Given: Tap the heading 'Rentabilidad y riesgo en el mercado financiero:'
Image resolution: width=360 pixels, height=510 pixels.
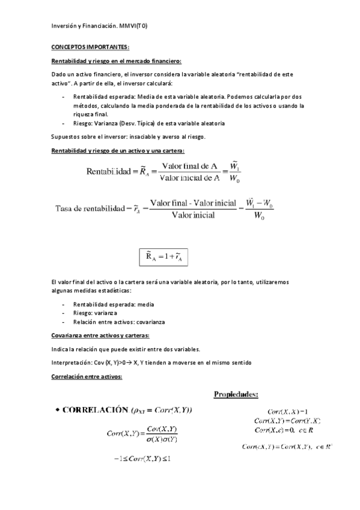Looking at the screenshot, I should click(x=116, y=61).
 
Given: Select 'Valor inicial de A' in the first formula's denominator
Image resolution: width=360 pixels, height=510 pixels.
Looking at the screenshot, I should click(x=188, y=179).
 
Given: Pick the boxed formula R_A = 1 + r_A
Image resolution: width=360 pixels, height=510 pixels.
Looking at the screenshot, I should click(x=164, y=257).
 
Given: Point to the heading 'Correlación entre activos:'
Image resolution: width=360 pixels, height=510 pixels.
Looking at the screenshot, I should click(x=87, y=376).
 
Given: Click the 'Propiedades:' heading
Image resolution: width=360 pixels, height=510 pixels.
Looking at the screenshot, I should click(x=236, y=395).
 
